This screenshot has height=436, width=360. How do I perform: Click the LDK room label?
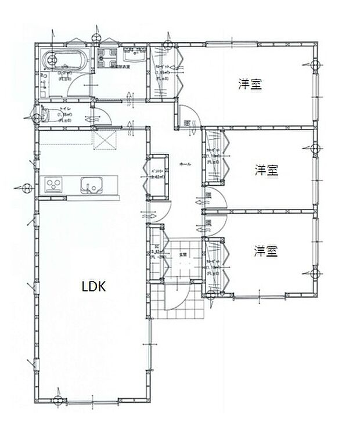[93, 286]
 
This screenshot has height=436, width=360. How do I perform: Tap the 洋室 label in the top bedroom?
[250, 84]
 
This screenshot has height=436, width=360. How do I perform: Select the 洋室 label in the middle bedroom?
[267, 171]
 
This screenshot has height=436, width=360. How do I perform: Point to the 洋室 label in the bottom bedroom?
[265, 251]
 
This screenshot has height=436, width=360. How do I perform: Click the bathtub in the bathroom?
[66, 61]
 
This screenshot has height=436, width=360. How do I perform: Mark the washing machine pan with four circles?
[109, 58]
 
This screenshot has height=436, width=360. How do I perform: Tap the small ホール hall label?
[185, 164]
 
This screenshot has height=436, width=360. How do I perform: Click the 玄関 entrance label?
[183, 254]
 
